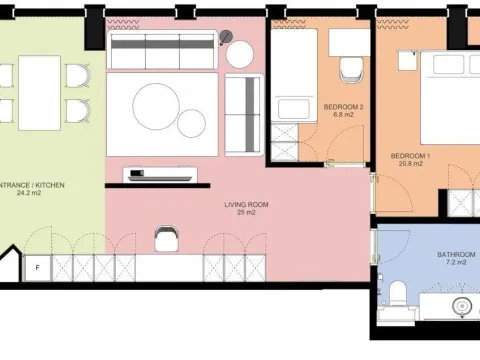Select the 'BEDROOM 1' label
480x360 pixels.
(x=410, y=156)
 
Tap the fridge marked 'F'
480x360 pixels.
(x=36, y=268)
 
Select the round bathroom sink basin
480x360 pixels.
(x=463, y=306)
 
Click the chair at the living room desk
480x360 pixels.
(x=166, y=237)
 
